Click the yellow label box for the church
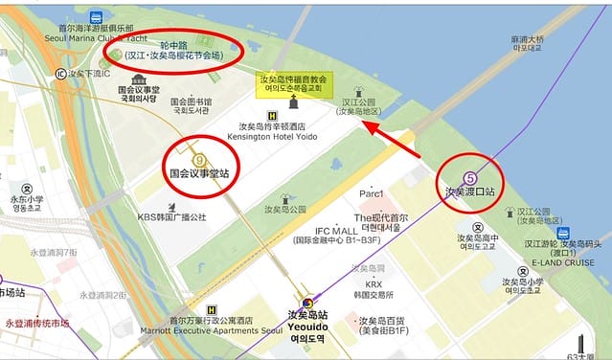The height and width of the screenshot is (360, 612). tap(292, 82)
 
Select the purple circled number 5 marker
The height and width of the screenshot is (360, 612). tap(470, 176)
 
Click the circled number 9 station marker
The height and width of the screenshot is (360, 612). tap(199, 160)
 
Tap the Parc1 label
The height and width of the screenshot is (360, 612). tap(371, 194)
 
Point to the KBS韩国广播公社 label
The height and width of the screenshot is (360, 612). tap(171, 217)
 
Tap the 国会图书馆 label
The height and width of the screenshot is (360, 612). tap(192, 101)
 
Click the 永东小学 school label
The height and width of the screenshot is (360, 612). tap(27, 201)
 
